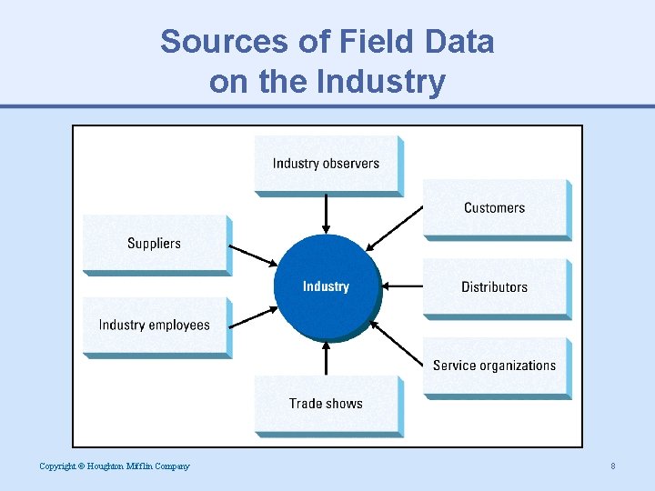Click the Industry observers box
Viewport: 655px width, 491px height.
(x=327, y=164)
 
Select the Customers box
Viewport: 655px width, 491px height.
(x=495, y=208)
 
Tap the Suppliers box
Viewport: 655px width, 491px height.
(x=155, y=244)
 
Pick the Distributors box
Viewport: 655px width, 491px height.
(x=495, y=287)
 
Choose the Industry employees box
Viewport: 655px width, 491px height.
(x=155, y=326)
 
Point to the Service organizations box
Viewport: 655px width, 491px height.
(x=495, y=366)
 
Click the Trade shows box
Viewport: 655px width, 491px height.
(x=327, y=404)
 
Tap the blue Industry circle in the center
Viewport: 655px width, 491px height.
(x=327, y=287)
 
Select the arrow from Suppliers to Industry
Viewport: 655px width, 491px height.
(x=252, y=254)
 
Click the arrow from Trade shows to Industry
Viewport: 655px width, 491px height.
(x=327, y=357)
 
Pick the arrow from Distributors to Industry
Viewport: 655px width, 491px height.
(x=402, y=286)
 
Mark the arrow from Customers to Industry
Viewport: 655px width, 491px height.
(x=395, y=228)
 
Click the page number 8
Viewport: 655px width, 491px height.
(x=613, y=466)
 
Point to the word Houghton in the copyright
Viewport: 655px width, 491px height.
(x=109, y=466)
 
